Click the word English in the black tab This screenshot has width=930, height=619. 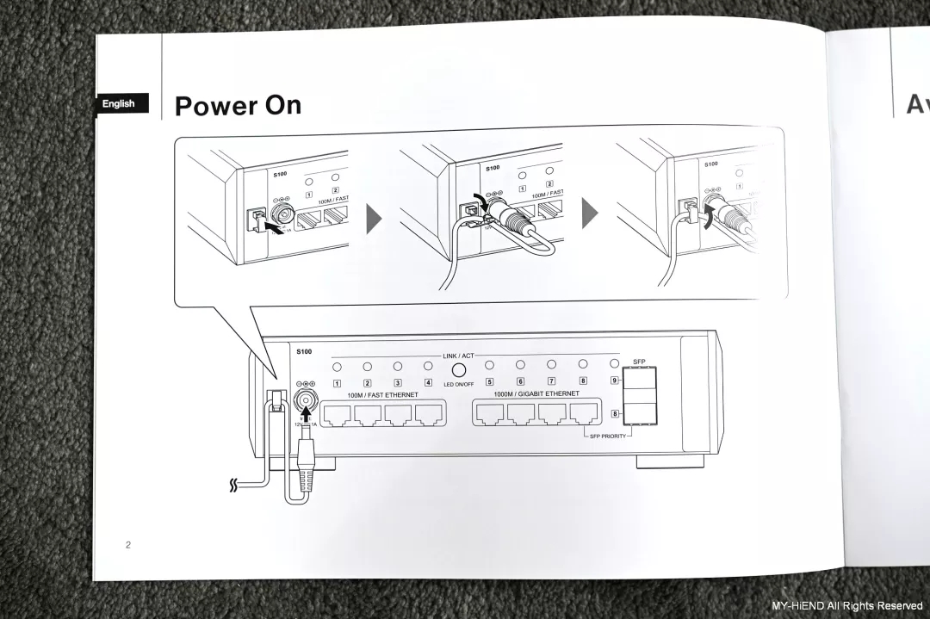119,104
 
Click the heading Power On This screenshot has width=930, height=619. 238,105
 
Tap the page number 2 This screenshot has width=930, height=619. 128,545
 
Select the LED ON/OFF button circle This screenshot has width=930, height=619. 458,368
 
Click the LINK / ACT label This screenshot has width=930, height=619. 457,356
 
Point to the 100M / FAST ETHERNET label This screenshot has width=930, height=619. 382,394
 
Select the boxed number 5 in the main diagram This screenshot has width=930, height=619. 489,382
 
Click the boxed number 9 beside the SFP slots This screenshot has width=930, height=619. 615,381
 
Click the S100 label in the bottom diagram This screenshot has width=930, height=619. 304,351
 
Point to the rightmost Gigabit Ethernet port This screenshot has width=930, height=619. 583,415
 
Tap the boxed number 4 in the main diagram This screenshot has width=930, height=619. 428,382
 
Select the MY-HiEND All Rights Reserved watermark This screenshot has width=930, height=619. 846,606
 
